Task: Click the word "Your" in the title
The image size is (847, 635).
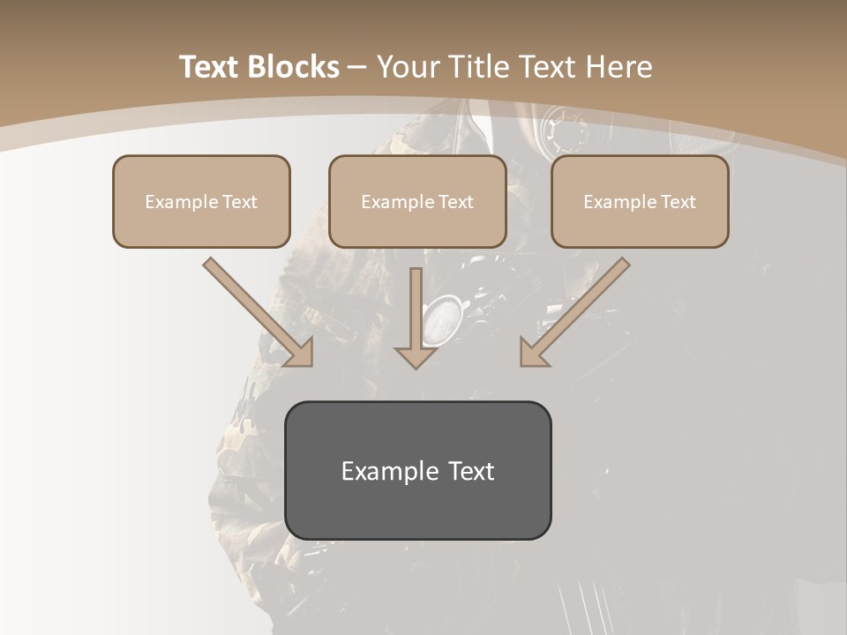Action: click(x=407, y=67)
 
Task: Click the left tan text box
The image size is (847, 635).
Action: click(x=201, y=201)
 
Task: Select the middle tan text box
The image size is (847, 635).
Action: click(x=417, y=201)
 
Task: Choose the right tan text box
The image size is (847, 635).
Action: click(x=640, y=201)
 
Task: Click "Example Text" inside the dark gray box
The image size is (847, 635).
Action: click(x=417, y=471)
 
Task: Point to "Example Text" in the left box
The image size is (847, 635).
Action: click(x=201, y=202)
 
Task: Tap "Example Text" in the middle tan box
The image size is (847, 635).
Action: click(x=417, y=202)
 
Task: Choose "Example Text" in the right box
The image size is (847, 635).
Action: click(x=640, y=202)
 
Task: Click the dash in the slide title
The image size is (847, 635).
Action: click(x=358, y=67)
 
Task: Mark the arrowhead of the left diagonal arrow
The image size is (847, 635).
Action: click(x=300, y=353)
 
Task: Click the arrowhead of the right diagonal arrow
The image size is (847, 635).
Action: click(x=534, y=353)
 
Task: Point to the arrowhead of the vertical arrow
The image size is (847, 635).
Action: click(x=416, y=357)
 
